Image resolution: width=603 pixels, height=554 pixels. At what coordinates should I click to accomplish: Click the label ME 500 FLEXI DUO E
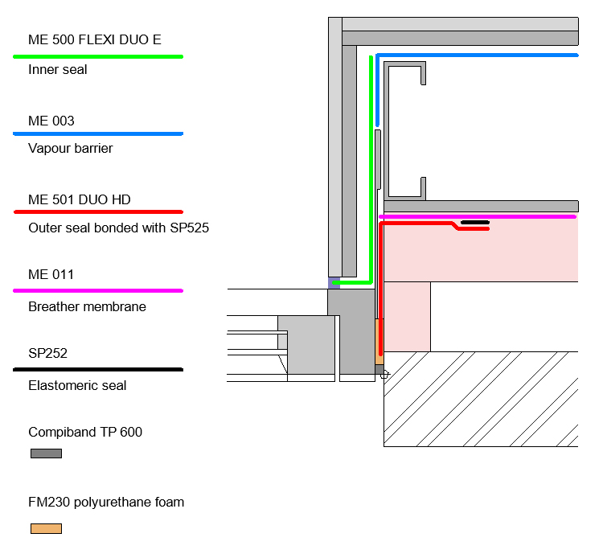tap(100, 40)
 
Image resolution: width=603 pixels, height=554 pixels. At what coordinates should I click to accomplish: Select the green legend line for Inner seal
tap(98, 56)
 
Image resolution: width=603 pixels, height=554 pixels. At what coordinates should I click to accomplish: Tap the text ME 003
tap(51, 121)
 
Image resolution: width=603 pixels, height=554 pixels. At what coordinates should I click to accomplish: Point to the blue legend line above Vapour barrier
tap(98, 133)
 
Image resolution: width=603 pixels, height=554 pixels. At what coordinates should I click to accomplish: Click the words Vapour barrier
tap(71, 149)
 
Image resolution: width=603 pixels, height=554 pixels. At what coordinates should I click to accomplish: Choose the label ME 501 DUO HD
tap(80, 199)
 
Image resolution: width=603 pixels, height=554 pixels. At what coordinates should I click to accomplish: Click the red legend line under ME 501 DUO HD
tap(98, 211)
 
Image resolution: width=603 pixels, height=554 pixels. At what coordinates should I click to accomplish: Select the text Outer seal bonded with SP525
tap(118, 228)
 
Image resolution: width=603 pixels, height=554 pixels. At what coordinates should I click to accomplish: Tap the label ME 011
tap(51, 275)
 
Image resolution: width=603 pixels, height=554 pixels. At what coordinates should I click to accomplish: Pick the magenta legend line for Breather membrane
tap(98, 290)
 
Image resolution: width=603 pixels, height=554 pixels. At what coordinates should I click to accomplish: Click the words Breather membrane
tap(87, 307)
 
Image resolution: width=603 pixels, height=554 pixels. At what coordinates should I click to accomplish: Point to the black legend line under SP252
tap(98, 369)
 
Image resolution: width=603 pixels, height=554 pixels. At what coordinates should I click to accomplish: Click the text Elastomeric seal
tap(77, 385)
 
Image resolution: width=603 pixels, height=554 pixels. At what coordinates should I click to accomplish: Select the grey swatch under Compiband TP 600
tap(46, 453)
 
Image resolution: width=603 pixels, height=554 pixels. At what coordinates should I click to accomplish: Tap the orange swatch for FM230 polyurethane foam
tap(46, 528)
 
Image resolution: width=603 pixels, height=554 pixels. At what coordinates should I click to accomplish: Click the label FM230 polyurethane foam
tap(106, 503)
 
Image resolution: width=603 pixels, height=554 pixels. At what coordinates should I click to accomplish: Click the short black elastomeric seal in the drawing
tap(474, 222)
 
